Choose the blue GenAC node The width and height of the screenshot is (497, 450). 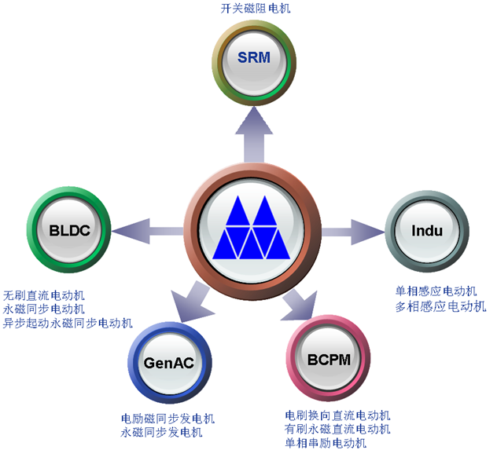click(169, 363)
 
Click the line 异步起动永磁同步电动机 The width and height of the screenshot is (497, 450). click(68, 323)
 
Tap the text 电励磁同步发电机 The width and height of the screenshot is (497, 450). click(168, 419)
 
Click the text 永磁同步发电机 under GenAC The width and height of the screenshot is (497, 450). click(161, 432)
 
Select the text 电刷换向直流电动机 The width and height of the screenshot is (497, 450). click(337, 415)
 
